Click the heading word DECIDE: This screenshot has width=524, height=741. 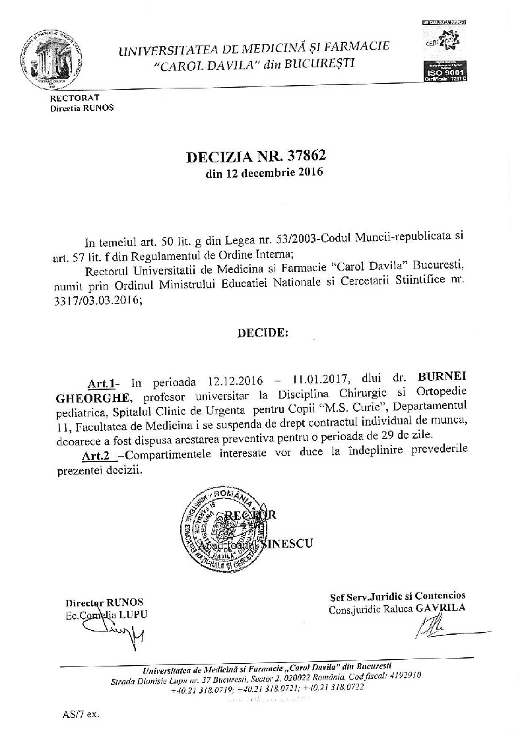(263, 333)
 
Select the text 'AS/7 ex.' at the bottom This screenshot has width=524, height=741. (81, 715)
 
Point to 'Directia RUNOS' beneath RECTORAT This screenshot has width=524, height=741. (82, 108)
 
